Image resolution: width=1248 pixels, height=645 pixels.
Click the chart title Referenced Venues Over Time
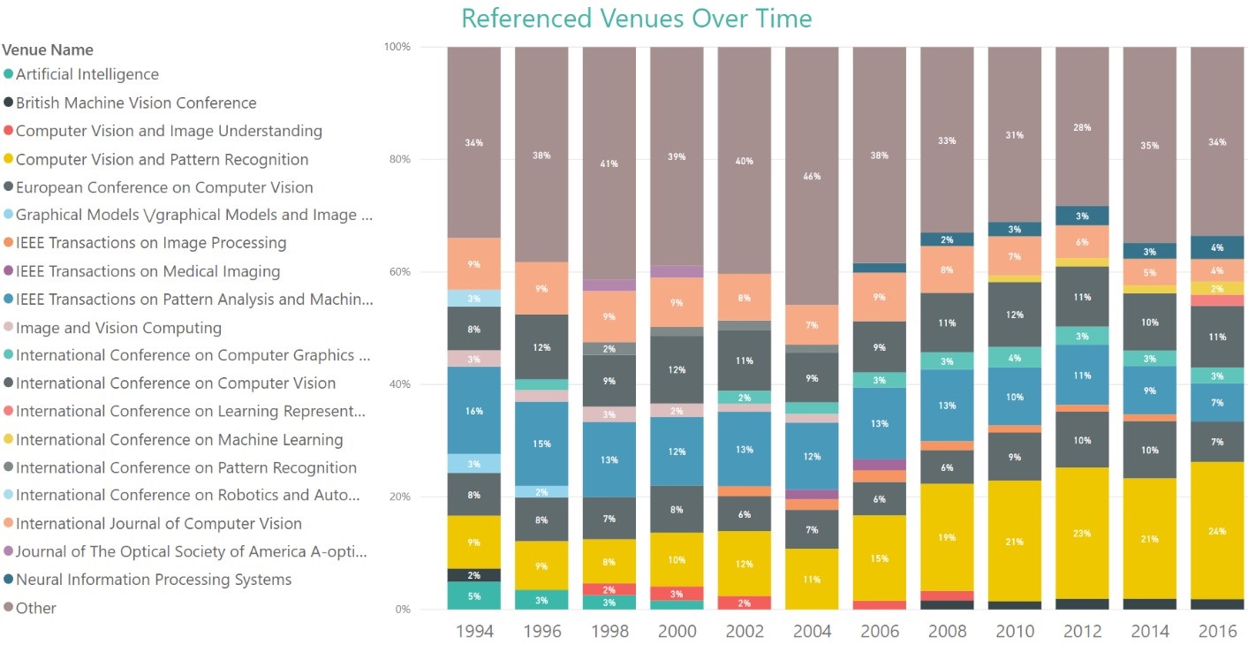pyautogui.click(x=636, y=19)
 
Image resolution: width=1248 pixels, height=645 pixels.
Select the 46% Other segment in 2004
pyautogui.click(x=812, y=176)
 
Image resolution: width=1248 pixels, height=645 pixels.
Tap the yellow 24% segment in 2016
pyautogui.click(x=1217, y=532)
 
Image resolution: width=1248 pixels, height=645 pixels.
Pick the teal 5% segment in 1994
pyautogui.click(x=473, y=596)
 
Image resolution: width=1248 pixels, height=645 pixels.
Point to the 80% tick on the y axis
pyautogui.click(x=398, y=160)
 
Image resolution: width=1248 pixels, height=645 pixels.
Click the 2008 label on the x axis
pyautogui.click(x=947, y=631)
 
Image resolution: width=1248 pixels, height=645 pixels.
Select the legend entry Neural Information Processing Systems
pyautogui.click(x=153, y=580)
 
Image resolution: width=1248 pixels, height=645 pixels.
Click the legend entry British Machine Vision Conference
pyautogui.click(x=136, y=102)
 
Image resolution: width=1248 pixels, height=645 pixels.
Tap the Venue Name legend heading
pyautogui.click(x=48, y=49)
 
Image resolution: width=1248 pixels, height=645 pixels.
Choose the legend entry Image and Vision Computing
pyautogui.click(x=118, y=328)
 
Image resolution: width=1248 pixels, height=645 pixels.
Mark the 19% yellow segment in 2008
pyautogui.click(x=947, y=537)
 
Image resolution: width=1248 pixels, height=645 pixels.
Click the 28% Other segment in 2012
pyautogui.click(x=1082, y=127)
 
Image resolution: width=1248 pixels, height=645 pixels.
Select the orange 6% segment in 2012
pyautogui.click(x=1082, y=242)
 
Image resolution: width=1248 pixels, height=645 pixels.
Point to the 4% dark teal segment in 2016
pyautogui.click(x=1217, y=247)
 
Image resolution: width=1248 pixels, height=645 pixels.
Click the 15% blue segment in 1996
pyautogui.click(x=541, y=444)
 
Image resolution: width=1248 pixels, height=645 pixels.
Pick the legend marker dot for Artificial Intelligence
pyautogui.click(x=8, y=75)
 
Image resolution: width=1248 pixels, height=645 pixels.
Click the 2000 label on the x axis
pyautogui.click(x=677, y=631)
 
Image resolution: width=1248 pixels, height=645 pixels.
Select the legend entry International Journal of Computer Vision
pyautogui.click(x=158, y=524)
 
